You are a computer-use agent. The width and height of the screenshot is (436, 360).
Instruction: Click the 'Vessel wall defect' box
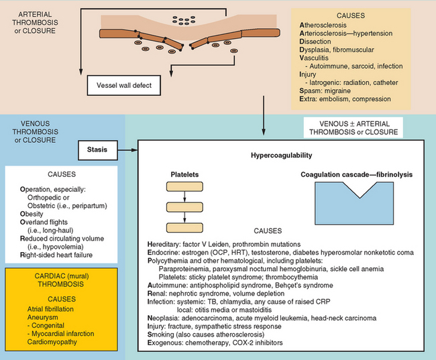[x=124, y=85]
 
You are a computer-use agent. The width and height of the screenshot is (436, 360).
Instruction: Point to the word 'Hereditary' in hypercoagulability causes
[x=165, y=243]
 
